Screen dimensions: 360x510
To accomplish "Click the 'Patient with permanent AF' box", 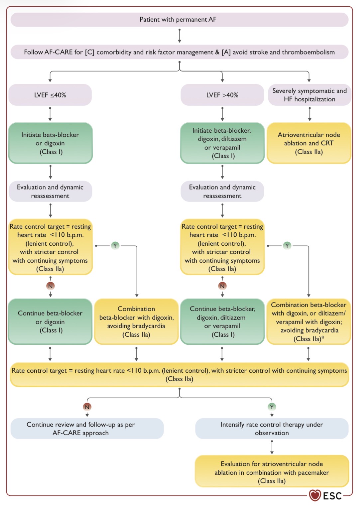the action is point(180,20).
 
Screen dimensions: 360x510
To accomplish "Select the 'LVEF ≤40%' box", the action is point(50,95).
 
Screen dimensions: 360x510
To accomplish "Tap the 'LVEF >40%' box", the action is point(222,95).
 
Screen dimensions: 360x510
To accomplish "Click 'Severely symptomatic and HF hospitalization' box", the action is point(309,95).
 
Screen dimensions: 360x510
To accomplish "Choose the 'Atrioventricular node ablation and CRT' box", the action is point(309,143).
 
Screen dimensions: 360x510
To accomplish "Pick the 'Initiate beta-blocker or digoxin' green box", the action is point(50,143).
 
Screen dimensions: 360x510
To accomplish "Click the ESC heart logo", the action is point(315,495).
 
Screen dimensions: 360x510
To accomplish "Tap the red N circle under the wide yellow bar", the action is point(87,407).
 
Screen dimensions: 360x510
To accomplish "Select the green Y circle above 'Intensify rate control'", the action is point(272,407).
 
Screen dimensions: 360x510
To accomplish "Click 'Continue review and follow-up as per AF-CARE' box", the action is point(87,429).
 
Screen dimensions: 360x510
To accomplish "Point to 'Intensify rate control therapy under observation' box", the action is point(272,429).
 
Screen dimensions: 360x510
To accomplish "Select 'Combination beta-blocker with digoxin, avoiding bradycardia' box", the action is point(136,321).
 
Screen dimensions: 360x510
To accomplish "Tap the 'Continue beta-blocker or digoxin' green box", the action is point(50,321).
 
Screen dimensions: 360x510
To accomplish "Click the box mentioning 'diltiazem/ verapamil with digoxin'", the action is point(308,321).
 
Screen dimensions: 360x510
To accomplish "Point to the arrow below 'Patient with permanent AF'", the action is point(180,36).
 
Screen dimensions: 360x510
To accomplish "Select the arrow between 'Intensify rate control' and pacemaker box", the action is point(272,447).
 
